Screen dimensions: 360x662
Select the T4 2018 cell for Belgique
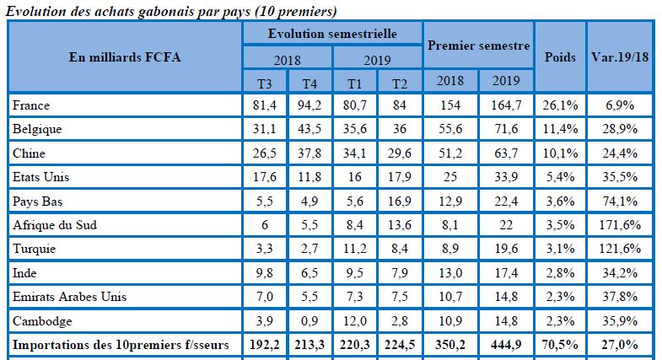coord(309,130)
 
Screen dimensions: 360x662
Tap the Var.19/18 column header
coord(621,57)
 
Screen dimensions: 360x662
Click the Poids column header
coord(560,57)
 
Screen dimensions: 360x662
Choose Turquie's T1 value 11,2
coord(355,250)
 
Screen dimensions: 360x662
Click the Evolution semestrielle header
coord(332,33)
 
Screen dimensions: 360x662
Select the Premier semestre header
coord(478,45)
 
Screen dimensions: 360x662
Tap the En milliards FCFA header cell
coord(124,57)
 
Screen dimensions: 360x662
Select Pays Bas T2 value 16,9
coord(399,201)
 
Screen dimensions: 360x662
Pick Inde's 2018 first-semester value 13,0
coord(449,273)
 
